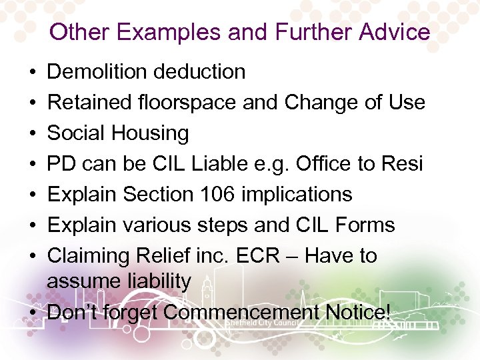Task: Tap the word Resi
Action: (403, 163)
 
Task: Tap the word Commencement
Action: (241, 311)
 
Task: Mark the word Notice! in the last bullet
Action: (358, 311)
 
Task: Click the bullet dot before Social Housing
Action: (33, 133)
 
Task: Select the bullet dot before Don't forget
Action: (33, 312)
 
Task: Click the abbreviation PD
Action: (62, 163)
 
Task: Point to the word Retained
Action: (85, 102)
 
